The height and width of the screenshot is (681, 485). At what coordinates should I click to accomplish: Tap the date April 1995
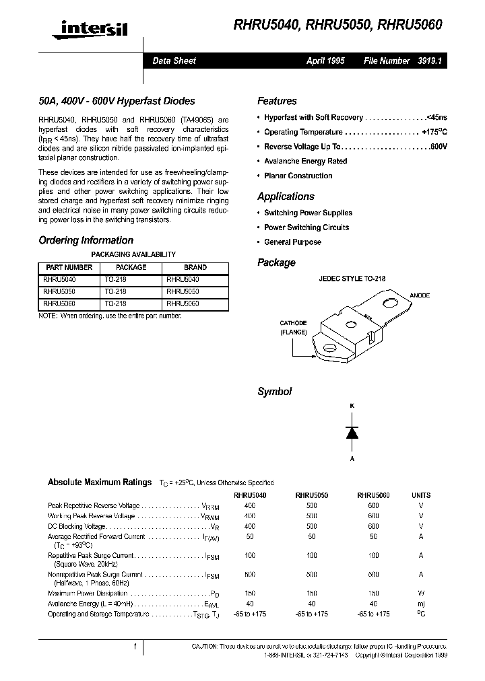[x=325, y=61]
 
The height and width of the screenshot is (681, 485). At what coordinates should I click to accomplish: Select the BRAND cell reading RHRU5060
[x=182, y=304]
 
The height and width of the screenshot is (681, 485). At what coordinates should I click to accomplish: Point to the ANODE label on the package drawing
[x=419, y=296]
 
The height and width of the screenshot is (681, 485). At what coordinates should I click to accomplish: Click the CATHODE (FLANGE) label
[x=294, y=328]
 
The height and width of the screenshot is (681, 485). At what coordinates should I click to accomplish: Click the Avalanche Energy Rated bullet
[x=305, y=162]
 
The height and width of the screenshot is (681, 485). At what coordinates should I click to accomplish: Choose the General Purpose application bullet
[x=292, y=242]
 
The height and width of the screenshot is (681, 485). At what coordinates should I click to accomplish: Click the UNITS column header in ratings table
[x=420, y=495]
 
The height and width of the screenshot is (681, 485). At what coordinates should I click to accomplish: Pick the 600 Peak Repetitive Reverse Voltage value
[x=373, y=505]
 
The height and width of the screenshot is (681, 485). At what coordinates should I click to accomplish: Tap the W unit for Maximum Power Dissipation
[x=421, y=594]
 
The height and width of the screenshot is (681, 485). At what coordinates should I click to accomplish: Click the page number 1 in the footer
[x=135, y=647]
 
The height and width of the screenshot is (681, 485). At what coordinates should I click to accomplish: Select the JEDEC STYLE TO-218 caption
[x=352, y=279]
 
